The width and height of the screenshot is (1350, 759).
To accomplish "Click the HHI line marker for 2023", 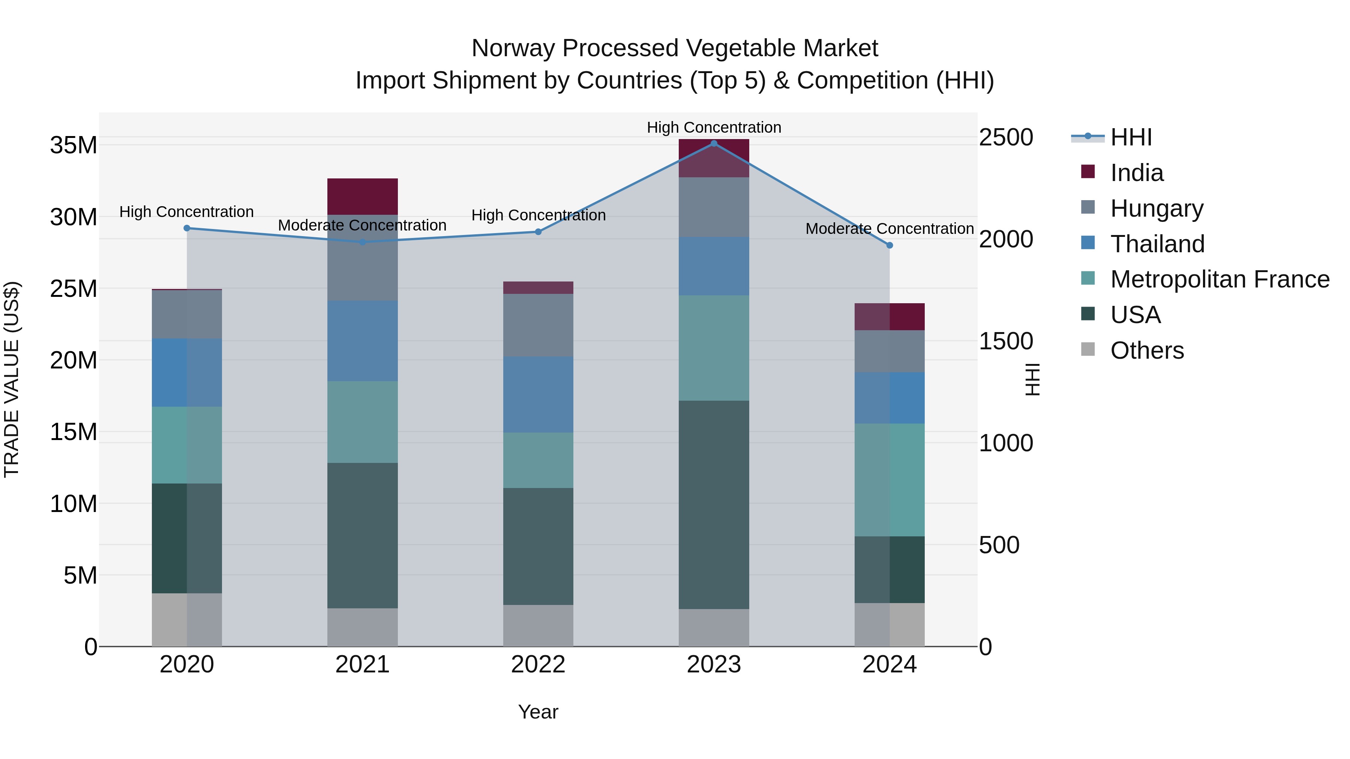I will coord(713,144).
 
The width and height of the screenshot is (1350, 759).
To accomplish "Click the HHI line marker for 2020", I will coord(187,228).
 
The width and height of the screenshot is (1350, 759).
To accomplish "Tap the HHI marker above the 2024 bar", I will coord(889,245).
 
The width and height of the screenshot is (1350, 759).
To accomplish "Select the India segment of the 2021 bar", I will coord(362,196).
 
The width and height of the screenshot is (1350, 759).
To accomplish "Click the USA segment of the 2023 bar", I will coord(713,505).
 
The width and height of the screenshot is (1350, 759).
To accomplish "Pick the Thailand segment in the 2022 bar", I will coord(538,394).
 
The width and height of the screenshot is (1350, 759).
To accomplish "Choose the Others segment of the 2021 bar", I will coord(362,627).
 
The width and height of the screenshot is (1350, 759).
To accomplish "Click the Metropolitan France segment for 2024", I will coord(889,480).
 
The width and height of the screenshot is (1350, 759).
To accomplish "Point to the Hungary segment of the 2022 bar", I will coord(538,325).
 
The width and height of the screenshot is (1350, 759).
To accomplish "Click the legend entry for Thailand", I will coord(1157,244).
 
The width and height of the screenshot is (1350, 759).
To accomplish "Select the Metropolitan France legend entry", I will coord(1219,280).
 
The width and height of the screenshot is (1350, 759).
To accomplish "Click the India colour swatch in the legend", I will coord(1088,172).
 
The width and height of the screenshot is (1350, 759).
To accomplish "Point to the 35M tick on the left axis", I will coord(73,145).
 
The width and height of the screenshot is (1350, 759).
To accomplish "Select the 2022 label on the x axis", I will coord(538,665).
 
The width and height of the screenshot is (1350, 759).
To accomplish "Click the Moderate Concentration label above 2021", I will coord(362,225).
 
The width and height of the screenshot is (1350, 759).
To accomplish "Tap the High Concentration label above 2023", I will coord(713,127).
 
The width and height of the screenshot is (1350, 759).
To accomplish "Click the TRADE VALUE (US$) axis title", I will coord(12,379).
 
